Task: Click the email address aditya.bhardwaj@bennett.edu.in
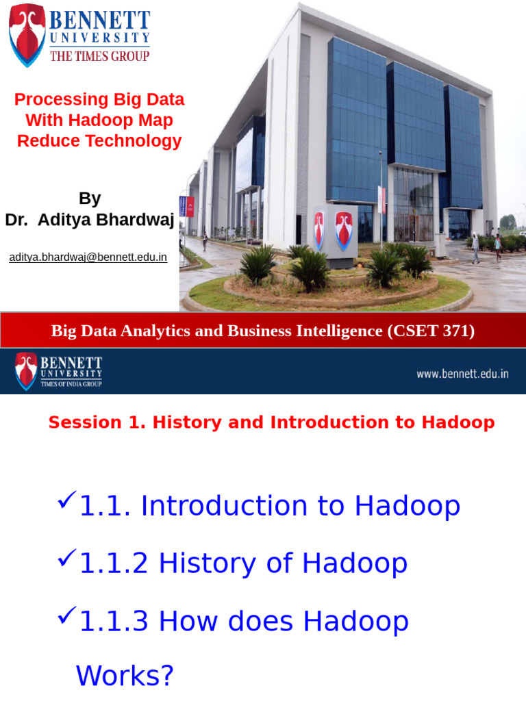[88, 258]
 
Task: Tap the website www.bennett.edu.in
[462, 374]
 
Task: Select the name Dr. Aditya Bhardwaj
[90, 220]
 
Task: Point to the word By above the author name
[90, 199]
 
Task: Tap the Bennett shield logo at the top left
[27, 34]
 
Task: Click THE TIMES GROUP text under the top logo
[99, 57]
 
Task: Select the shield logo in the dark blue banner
[26, 371]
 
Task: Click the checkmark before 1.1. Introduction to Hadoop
[66, 501]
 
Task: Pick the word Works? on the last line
[125, 676]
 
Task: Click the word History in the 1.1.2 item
[207, 563]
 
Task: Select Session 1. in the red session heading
[97, 422]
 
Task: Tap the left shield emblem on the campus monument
[319, 230]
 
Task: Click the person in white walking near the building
[475, 248]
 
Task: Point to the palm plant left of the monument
[259, 264]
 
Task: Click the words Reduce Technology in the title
[99, 142]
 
